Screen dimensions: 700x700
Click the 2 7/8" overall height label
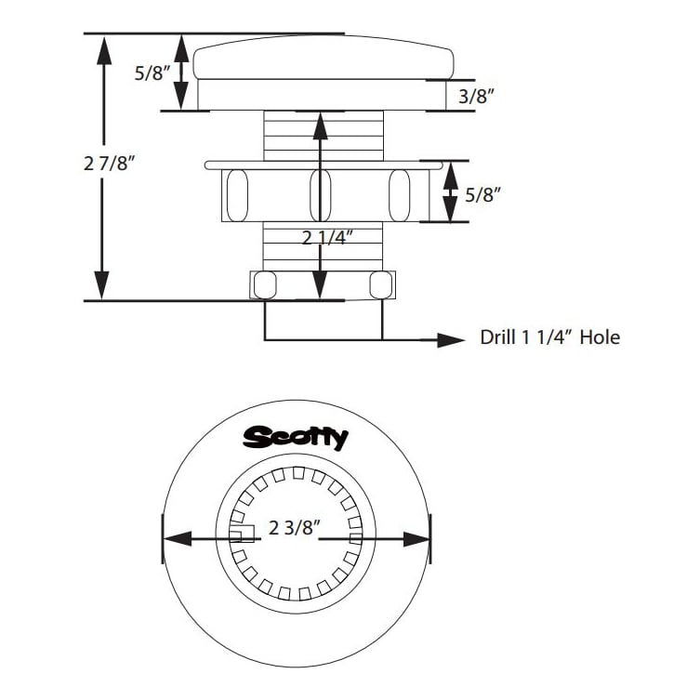tap(111, 164)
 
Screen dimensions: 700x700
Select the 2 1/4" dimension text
tap(327, 237)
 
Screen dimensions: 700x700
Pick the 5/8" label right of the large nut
tap(482, 194)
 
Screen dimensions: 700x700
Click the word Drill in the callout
tap(499, 337)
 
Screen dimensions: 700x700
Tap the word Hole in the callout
tap(600, 337)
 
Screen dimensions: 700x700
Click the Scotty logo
tap(296, 437)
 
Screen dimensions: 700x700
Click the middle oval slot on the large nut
tap(320, 194)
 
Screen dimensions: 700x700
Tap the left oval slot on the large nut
tap(236, 194)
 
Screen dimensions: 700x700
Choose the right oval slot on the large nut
tap(399, 194)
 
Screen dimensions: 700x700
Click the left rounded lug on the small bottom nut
tap(265, 284)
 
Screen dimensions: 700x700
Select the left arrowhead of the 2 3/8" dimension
tap(177, 538)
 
